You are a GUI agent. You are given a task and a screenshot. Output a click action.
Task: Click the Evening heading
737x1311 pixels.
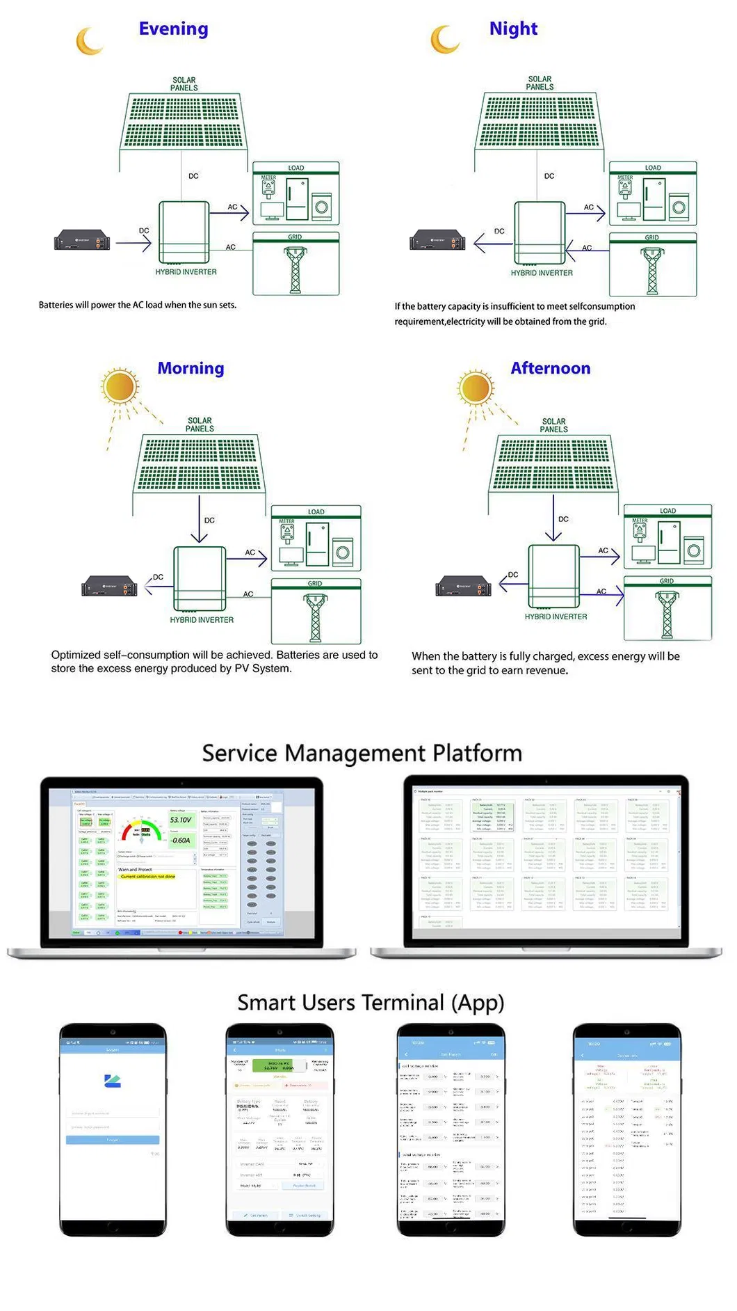173,29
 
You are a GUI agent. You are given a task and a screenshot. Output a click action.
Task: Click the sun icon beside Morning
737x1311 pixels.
120,387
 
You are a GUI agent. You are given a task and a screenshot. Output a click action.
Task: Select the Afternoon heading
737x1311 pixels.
550,369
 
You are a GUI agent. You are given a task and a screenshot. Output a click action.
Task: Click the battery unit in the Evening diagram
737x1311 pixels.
82,241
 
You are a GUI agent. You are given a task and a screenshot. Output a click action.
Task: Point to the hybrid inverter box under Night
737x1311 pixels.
540,233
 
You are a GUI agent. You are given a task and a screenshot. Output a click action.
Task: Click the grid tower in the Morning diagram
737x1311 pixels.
316,617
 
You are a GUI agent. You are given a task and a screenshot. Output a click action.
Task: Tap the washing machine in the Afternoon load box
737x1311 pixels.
693,551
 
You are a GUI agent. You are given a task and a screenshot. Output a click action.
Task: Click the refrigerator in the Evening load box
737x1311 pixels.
298,200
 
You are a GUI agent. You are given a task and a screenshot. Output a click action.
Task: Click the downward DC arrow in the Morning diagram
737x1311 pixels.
200,518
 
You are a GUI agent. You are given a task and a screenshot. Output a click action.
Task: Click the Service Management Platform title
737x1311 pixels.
362,754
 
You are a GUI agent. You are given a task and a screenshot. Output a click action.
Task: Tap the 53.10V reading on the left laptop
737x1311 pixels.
181,820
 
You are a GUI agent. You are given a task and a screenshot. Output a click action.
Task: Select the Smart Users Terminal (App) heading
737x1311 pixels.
371,1003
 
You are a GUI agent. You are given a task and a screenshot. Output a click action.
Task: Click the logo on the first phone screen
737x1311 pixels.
113,1081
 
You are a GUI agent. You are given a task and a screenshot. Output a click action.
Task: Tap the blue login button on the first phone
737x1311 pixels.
113,1140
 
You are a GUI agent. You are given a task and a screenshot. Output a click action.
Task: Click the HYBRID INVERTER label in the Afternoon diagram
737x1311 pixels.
556,617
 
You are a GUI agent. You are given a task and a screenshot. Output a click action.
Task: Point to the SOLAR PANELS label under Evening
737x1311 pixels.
184,84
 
